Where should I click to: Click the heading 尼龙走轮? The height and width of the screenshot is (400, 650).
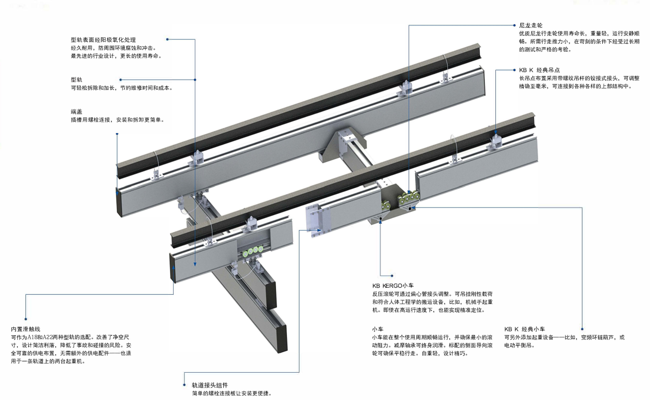[x=530, y=25]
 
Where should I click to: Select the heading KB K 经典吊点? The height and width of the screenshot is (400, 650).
[x=539, y=70]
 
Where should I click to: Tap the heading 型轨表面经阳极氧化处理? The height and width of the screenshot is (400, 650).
[x=103, y=39]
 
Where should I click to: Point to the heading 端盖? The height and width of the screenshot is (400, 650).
[x=77, y=112]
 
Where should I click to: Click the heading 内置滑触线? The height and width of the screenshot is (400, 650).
[x=25, y=329]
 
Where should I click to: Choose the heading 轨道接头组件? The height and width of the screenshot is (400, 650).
[x=210, y=385]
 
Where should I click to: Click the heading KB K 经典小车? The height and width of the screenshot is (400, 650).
[x=525, y=329]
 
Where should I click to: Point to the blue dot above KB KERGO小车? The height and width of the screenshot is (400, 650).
[x=393, y=275]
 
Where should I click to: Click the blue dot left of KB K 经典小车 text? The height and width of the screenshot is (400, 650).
[x=580, y=328]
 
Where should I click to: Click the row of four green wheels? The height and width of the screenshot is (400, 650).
[x=251, y=250]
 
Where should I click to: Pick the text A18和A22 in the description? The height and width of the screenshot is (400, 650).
[x=42, y=337]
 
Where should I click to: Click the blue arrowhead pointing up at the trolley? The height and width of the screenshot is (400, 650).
[x=380, y=222]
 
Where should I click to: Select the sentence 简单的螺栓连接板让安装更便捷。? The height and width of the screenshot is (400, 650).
[x=231, y=394]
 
